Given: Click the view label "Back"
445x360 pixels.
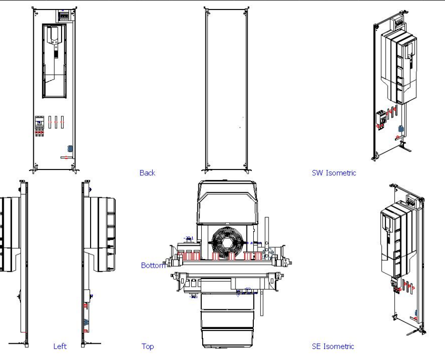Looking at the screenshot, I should [147, 173].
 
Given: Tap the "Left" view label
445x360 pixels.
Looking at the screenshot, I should [60, 346].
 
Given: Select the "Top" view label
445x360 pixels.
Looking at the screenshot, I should [147, 346].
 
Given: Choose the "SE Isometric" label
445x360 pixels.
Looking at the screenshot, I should [333, 346].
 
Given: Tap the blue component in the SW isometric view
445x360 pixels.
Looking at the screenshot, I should [401, 129].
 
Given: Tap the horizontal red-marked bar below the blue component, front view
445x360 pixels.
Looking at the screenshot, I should [67, 157].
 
